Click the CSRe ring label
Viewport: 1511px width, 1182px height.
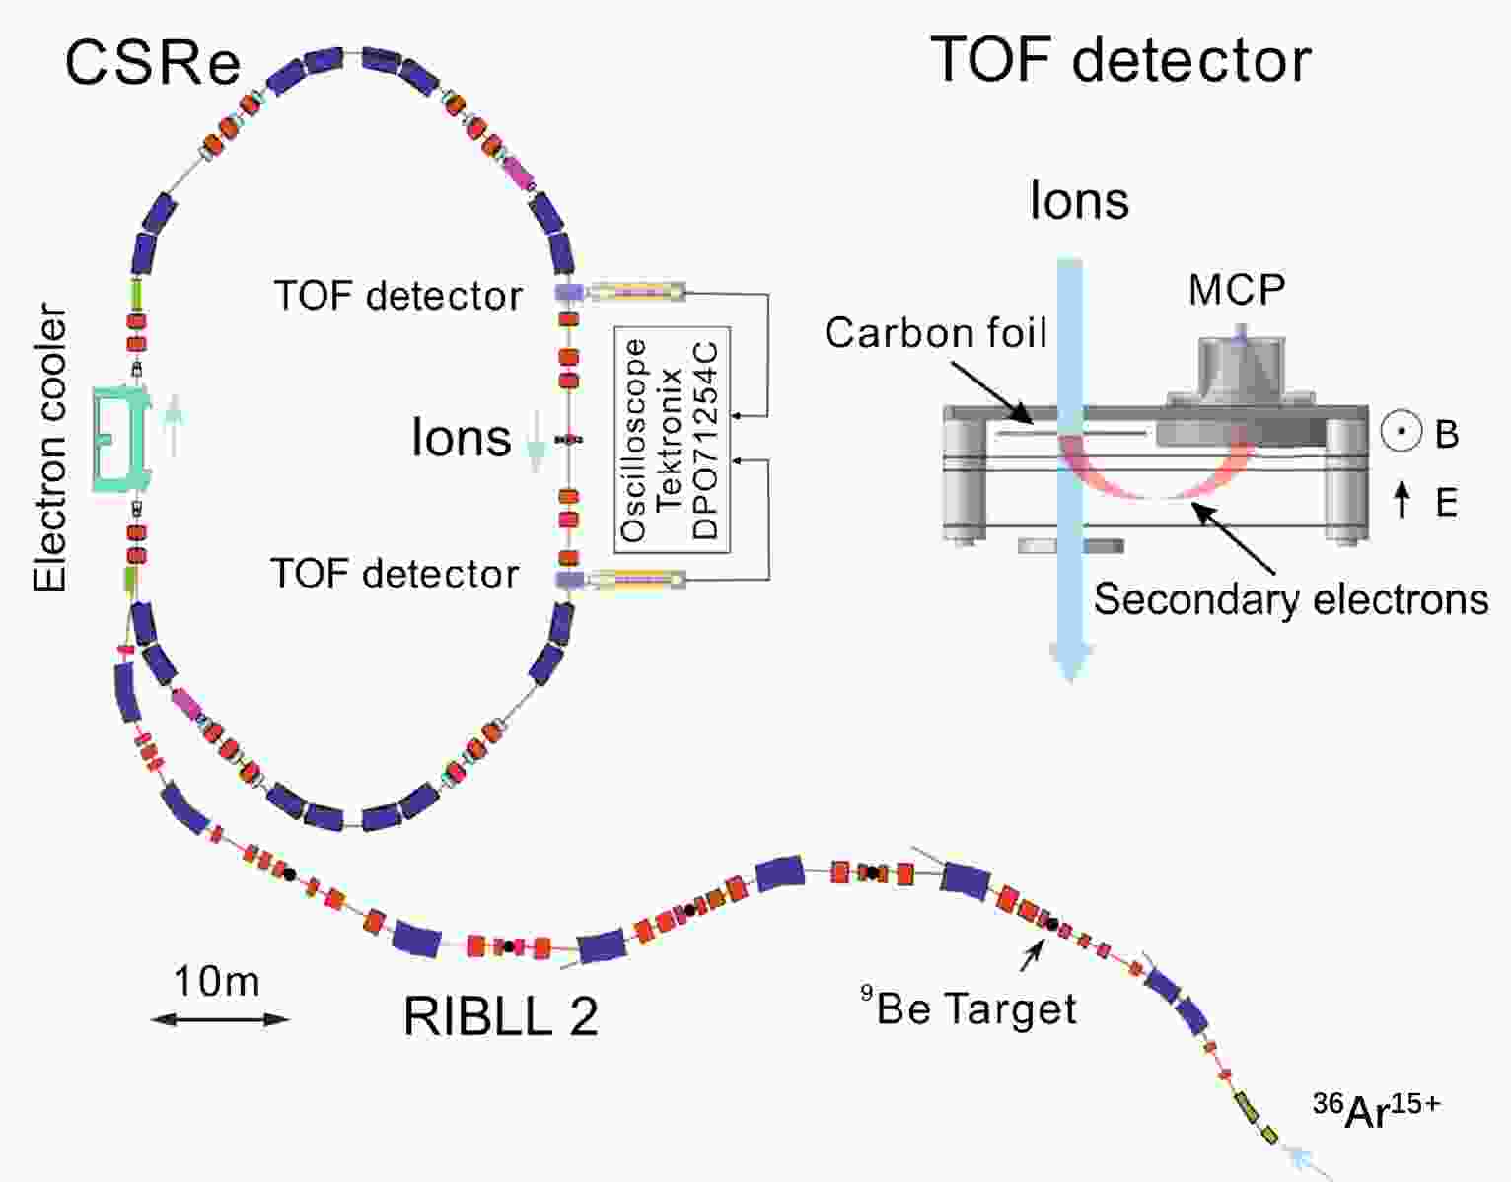[x=153, y=63]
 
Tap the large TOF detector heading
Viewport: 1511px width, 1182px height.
[x=1120, y=60]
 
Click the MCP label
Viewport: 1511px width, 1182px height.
[x=1237, y=289]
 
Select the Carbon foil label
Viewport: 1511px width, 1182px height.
[x=936, y=333]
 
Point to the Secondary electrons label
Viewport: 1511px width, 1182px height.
[x=1291, y=599]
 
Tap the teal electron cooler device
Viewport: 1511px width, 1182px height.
[x=122, y=439]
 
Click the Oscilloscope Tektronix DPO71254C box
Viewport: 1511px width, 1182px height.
[x=673, y=440]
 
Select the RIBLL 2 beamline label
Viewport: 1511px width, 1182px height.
[x=501, y=1016]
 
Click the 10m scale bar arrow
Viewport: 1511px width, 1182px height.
[x=220, y=1019]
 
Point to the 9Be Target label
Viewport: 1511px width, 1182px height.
[x=969, y=1008]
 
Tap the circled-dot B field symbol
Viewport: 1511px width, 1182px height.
[x=1402, y=432]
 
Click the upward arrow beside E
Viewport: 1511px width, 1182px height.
[x=1403, y=500]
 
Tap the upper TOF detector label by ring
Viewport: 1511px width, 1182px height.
[x=398, y=296]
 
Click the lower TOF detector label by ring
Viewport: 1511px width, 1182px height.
[x=395, y=574]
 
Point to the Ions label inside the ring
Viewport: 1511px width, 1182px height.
[x=462, y=438]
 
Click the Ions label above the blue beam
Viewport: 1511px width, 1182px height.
[x=1079, y=201]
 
